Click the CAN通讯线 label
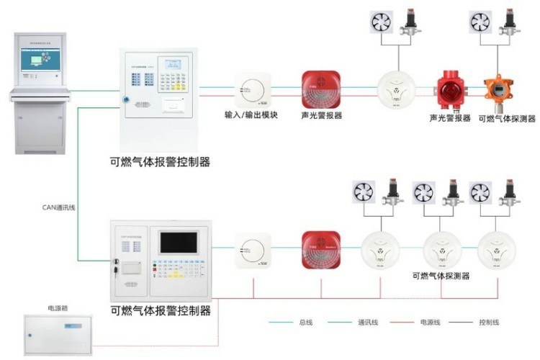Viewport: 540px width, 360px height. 58,207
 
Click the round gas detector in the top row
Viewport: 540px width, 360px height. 397,91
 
